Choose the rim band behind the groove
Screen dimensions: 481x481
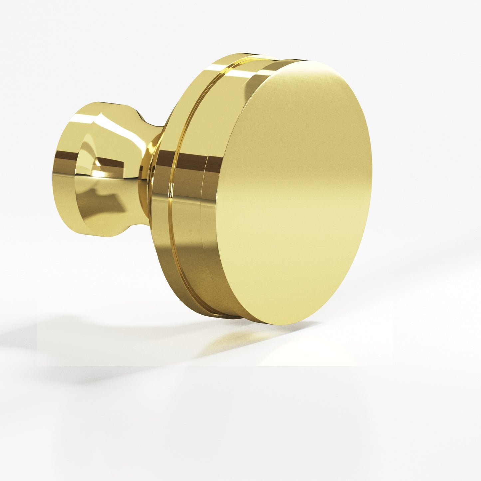coord(163,200)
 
